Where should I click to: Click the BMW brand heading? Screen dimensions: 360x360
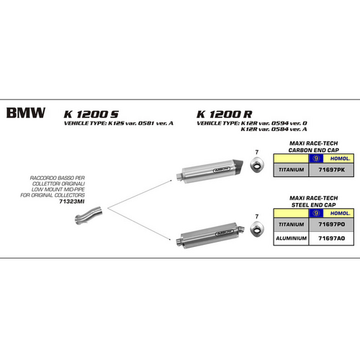point(26,113)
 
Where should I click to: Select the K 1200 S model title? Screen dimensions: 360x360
point(91,113)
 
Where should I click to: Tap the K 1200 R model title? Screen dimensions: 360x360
point(224,113)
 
